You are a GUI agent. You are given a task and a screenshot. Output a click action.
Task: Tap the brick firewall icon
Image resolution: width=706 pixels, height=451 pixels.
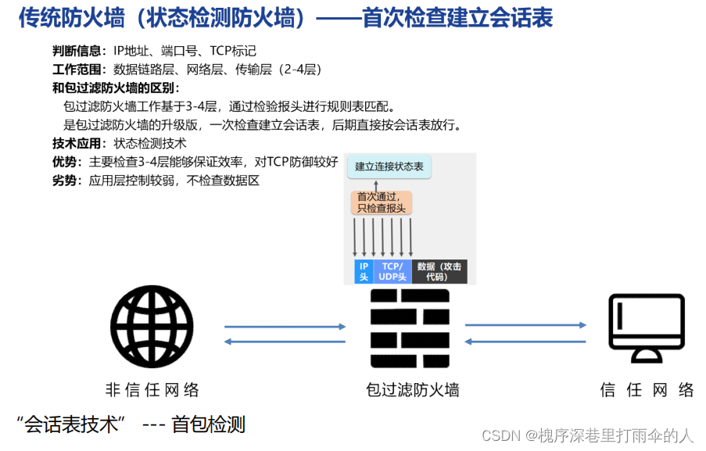(410, 328)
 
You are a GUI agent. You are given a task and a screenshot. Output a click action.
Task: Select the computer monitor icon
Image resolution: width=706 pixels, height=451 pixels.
(647, 329)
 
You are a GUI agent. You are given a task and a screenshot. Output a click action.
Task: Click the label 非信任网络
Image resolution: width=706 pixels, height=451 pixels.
(152, 390)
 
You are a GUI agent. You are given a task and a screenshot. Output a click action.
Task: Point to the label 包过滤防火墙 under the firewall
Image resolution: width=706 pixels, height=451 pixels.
(412, 390)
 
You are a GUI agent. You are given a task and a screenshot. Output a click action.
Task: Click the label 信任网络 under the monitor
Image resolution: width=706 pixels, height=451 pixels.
(647, 390)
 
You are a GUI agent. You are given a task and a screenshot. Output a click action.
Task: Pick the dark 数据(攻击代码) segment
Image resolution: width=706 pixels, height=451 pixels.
(439, 271)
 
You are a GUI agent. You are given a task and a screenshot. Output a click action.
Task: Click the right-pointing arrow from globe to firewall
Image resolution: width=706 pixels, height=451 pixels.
(285, 327)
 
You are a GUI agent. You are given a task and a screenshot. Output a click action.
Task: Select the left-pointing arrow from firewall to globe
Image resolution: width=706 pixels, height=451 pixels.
(285, 342)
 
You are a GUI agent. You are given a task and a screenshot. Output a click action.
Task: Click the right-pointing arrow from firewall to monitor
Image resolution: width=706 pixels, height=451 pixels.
(525, 325)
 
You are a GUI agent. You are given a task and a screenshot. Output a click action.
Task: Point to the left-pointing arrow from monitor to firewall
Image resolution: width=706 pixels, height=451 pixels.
(525, 341)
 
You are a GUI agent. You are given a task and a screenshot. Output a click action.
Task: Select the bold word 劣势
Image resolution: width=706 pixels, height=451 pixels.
(66, 181)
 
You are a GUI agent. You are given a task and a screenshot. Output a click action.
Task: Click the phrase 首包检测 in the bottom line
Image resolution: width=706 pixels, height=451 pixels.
(209, 424)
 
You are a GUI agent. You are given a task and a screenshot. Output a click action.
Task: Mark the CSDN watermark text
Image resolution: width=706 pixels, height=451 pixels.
(587, 435)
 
